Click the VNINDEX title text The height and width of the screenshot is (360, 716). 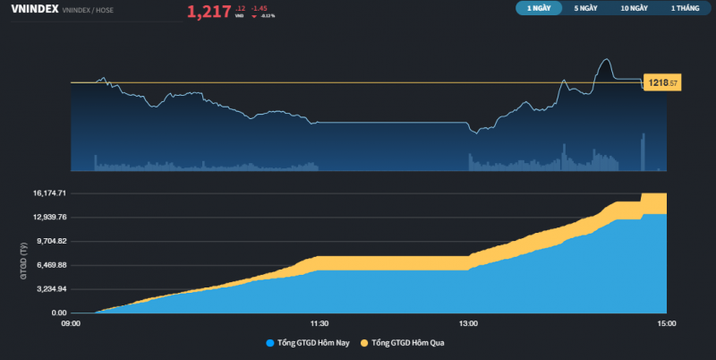click(x=33, y=9)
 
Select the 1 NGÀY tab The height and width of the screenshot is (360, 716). click(x=539, y=8)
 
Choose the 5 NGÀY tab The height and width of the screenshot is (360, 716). click(x=586, y=8)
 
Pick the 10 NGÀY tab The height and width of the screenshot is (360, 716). click(x=635, y=8)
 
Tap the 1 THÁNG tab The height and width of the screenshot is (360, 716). click(x=685, y=8)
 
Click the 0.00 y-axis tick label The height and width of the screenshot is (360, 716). click(x=56, y=313)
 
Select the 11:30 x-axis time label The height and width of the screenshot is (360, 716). click(x=320, y=323)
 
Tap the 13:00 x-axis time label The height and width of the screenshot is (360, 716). click(x=468, y=323)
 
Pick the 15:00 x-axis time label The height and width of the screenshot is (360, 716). click(x=667, y=323)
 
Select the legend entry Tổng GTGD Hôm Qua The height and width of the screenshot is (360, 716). click(x=407, y=343)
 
